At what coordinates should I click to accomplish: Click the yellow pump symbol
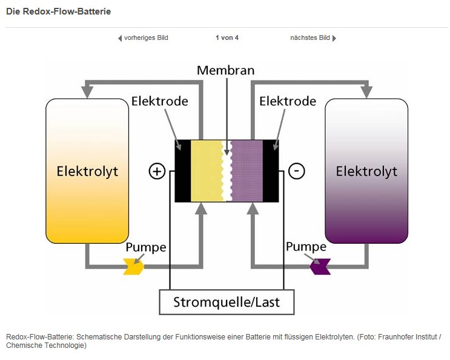[x=134, y=267]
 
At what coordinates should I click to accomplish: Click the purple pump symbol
[x=320, y=267]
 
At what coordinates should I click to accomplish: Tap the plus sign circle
[x=157, y=171]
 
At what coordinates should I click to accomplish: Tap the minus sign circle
[x=296, y=171]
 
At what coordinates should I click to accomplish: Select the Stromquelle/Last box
[x=227, y=302]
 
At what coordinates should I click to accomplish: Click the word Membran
[x=225, y=71]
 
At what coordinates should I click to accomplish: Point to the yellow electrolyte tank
[x=87, y=171]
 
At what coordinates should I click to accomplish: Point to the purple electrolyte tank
[x=366, y=171]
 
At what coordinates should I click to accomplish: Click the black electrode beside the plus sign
[x=183, y=171]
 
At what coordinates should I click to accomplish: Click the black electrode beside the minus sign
[x=271, y=171]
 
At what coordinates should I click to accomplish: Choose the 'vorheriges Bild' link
[x=143, y=38]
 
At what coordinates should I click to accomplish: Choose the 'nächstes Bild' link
[x=313, y=38]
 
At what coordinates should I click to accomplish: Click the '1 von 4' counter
[x=227, y=38]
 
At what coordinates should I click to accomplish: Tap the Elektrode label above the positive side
[x=159, y=101]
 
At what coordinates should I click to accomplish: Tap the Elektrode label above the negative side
[x=288, y=101]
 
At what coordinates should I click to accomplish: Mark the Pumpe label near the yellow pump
[x=146, y=247]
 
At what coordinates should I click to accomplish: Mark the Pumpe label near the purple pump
[x=306, y=247]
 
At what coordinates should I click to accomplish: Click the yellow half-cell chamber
[x=207, y=171]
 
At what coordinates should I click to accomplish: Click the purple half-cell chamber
[x=247, y=171]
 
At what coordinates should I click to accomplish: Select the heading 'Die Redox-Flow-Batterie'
[x=58, y=11]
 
